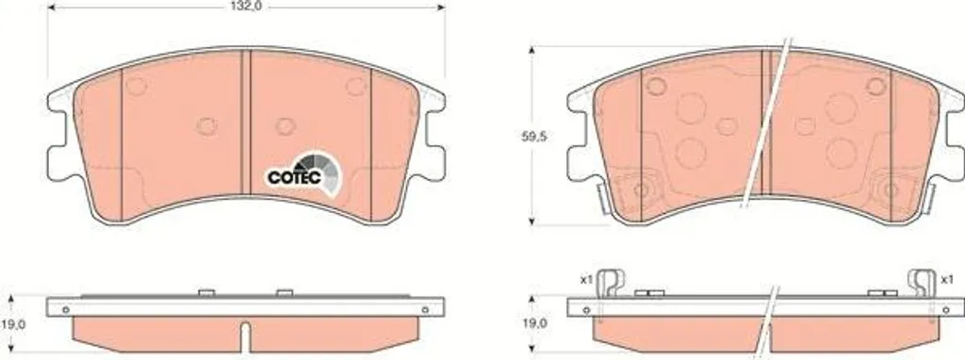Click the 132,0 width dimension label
241,7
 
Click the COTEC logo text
295,177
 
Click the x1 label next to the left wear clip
586,280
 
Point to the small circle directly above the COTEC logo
286,126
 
